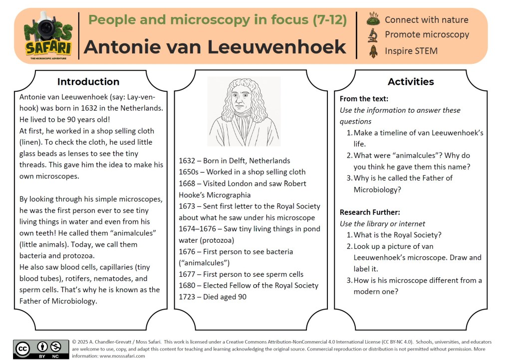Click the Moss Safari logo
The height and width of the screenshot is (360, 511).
click(x=48, y=35)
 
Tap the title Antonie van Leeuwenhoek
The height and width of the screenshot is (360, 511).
click(x=215, y=47)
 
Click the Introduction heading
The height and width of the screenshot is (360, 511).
click(x=88, y=82)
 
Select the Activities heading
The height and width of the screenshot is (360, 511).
click(x=411, y=82)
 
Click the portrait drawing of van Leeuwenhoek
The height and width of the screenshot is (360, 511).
click(x=244, y=112)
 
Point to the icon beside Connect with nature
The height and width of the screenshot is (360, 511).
click(x=372, y=19)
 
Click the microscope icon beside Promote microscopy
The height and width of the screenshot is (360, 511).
click(x=372, y=35)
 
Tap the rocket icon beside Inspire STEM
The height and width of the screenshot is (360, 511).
click(x=372, y=50)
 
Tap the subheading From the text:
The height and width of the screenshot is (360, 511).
click(x=364, y=99)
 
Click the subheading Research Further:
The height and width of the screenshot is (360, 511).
click(x=370, y=212)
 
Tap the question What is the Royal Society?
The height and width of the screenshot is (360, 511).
click(x=397, y=235)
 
